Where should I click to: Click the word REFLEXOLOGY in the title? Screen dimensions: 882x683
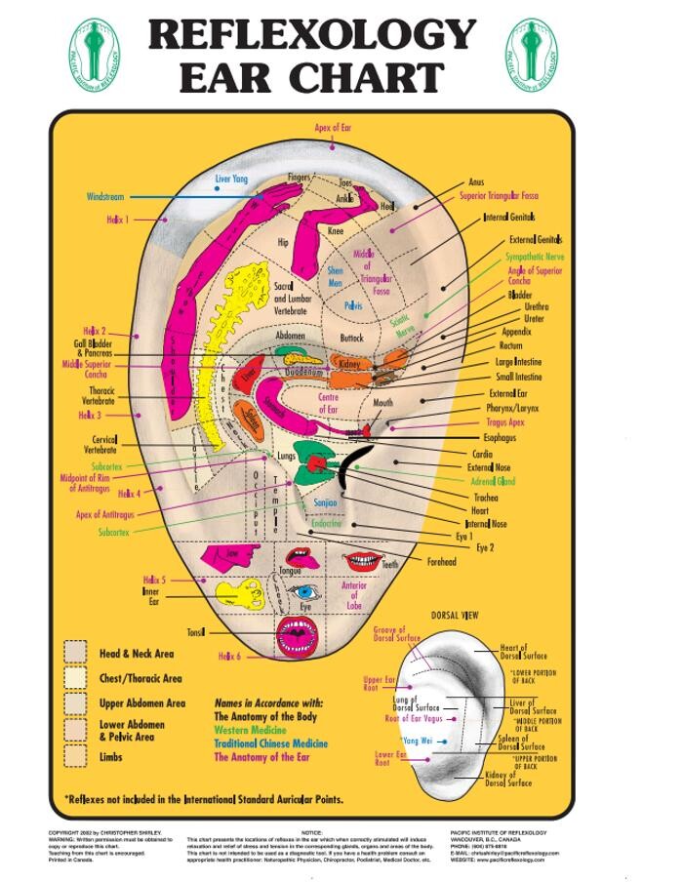point(311,35)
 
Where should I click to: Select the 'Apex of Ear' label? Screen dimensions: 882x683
point(333,128)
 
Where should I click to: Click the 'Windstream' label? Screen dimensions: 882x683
point(105,196)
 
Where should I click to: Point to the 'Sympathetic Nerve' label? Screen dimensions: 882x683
point(535,257)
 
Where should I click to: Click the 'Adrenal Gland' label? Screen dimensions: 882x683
point(493,482)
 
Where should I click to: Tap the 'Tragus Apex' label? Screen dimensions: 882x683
point(505,422)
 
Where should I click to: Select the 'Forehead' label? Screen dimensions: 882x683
point(441,562)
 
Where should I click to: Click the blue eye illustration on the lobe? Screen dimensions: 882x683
point(306,591)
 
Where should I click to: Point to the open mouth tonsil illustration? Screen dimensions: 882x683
point(294,633)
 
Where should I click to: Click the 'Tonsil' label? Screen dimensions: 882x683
point(196,632)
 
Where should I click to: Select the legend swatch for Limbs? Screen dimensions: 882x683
point(76,755)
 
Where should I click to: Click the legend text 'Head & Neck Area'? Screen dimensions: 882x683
point(137,654)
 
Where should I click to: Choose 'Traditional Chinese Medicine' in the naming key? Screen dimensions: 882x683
point(269,742)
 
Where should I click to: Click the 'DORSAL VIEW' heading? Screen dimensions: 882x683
point(455,616)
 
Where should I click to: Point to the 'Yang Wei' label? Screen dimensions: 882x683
point(418,741)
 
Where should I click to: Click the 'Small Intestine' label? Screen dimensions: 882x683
point(518,377)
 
